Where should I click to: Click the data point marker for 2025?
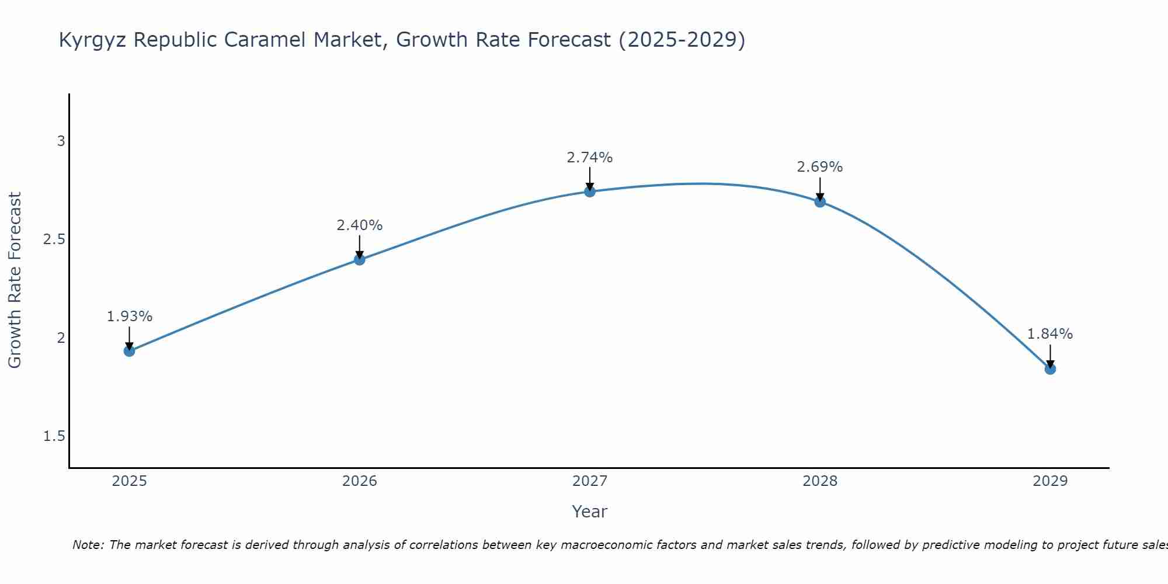click(130, 351)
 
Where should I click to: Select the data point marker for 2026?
click(360, 259)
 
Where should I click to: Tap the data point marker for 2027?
click(590, 192)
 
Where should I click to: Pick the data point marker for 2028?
click(820, 202)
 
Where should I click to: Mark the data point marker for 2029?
click(1050, 369)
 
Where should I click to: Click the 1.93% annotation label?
click(130, 317)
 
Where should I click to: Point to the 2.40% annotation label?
click(360, 225)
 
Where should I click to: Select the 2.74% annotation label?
click(590, 158)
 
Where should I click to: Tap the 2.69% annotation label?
click(820, 167)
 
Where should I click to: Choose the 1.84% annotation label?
click(1050, 334)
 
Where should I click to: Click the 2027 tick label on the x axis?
click(590, 481)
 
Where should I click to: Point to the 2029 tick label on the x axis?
click(1050, 481)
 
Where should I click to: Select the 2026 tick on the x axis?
click(360, 481)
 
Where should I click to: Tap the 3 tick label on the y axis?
click(61, 141)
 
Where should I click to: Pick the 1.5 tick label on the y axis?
click(54, 436)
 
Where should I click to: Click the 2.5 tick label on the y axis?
click(54, 239)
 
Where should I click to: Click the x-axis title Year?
click(590, 512)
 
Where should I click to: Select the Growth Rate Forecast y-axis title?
click(15, 280)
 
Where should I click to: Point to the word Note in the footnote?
click(88, 545)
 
